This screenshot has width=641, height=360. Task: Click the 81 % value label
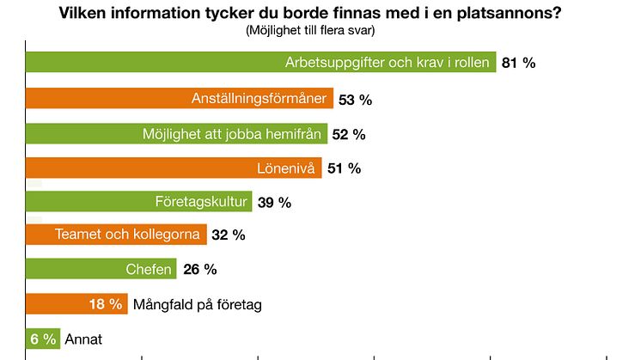pyautogui.click(x=519, y=64)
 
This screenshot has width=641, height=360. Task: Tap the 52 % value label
pyautogui.click(x=349, y=134)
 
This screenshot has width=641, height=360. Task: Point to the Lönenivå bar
pyautogui.click(x=174, y=168)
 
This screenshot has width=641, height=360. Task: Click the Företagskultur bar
pyautogui.click(x=138, y=202)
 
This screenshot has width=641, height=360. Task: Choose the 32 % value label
pyautogui.click(x=229, y=235)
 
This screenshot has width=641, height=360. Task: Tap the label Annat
pyautogui.click(x=83, y=339)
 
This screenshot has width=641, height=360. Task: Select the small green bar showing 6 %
pyautogui.click(x=42, y=339)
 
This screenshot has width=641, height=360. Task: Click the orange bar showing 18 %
pyautogui.click(x=76, y=303)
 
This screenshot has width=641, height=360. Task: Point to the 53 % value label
pyautogui.click(x=355, y=100)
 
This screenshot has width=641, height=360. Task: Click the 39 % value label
pyautogui.click(x=275, y=203)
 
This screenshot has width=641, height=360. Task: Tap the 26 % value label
pyautogui.click(x=199, y=270)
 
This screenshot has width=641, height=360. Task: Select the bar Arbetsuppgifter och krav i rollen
pyautogui.click(x=261, y=64)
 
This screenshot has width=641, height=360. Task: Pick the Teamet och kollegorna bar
pyautogui.click(x=116, y=235)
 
